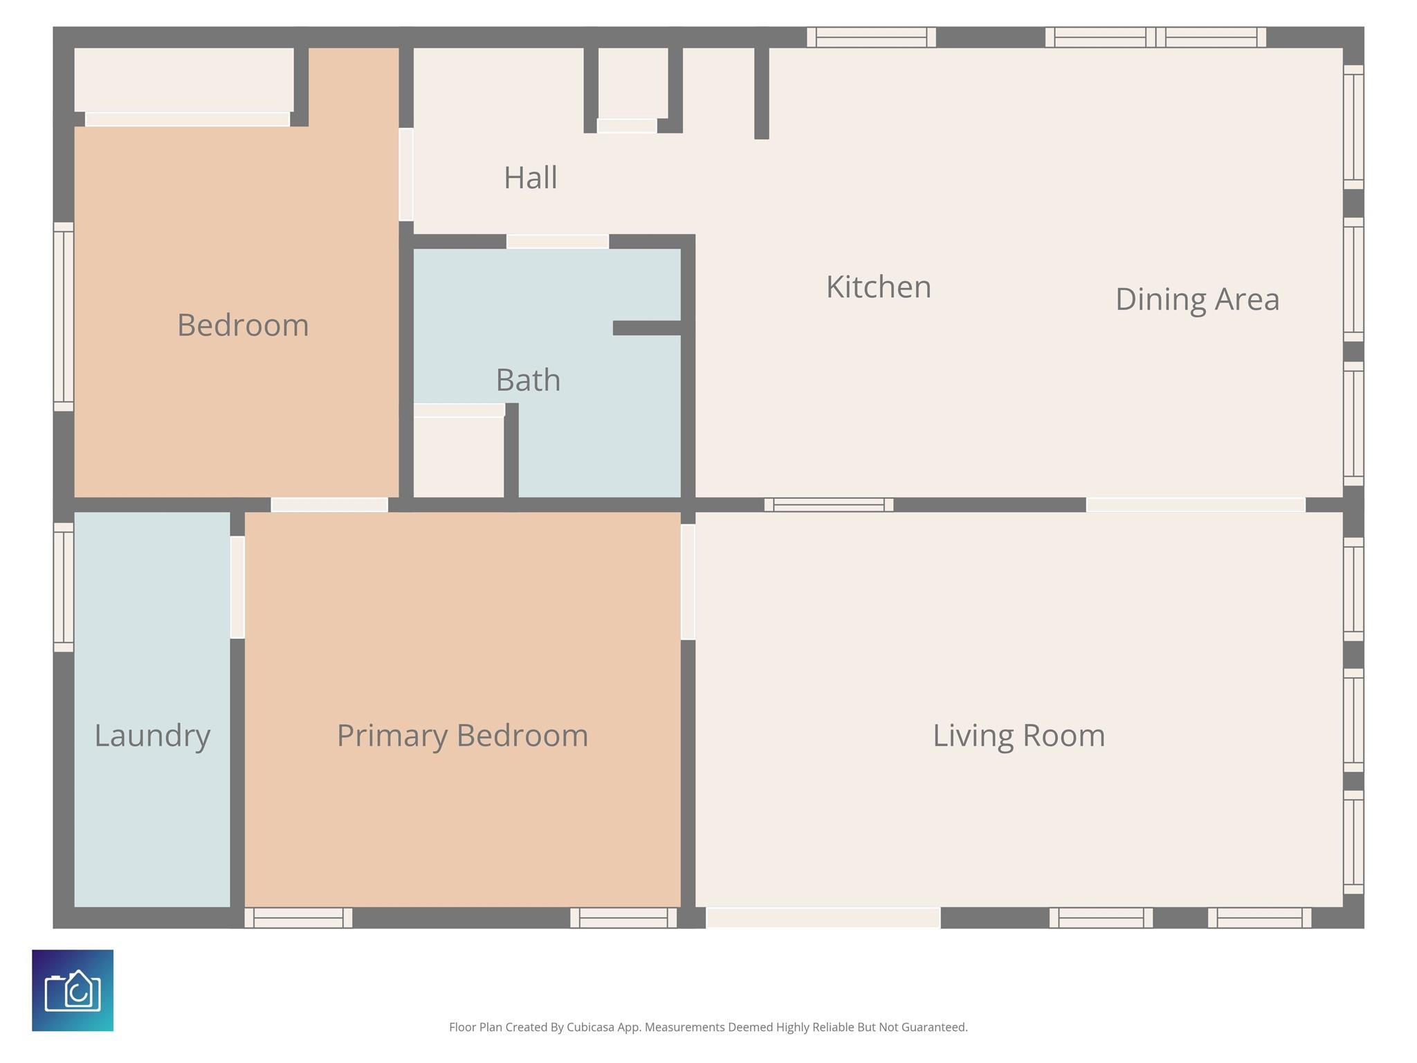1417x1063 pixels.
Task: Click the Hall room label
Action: [530, 178]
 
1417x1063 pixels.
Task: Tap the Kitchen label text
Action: [879, 287]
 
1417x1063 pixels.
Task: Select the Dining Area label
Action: [1197, 299]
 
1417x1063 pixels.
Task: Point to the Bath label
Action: [528, 380]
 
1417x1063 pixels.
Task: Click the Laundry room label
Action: [152, 736]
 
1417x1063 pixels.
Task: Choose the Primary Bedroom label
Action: [462, 736]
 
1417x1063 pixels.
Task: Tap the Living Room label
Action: [1018, 736]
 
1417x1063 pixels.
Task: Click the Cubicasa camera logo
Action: [73, 990]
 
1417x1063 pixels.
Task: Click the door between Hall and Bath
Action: [558, 242]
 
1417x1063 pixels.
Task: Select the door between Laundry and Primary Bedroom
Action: [237, 587]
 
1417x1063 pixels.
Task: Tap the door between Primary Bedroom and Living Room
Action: [688, 582]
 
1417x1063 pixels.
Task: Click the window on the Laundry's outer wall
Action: [64, 587]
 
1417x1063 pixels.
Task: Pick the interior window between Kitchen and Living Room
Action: [828, 505]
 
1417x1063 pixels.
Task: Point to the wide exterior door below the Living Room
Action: [823, 918]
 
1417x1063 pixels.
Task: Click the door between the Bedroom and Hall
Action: [406, 174]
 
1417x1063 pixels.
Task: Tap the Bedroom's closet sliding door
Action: [187, 119]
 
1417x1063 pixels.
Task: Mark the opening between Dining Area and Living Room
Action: [1196, 505]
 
